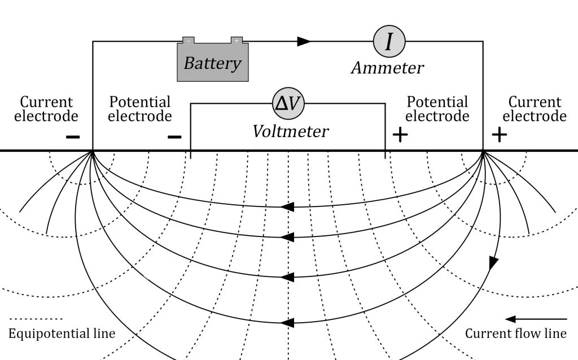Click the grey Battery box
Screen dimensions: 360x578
pos(212,62)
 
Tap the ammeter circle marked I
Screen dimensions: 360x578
pos(389,41)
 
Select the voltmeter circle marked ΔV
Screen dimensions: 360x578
pos(288,103)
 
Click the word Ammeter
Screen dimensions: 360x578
pos(387,68)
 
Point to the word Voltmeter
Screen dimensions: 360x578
pos(290,131)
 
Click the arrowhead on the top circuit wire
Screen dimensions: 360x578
pos(304,41)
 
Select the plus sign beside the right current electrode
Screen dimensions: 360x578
pos(500,134)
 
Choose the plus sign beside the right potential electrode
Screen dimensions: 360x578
pos(400,135)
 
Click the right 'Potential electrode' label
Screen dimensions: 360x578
pos(437,109)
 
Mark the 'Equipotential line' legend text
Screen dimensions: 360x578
pos(62,333)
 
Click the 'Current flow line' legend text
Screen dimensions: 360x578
pos(515,333)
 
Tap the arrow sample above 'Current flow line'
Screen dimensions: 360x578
pos(536,319)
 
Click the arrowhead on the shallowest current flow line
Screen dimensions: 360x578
pos(287,207)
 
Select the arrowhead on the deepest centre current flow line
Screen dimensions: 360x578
pos(287,323)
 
